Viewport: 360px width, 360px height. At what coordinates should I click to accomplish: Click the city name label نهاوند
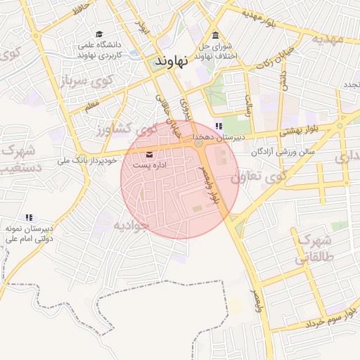172,63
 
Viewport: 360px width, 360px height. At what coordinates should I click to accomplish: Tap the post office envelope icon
149,154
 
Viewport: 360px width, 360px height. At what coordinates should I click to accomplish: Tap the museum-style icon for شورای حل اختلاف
215,36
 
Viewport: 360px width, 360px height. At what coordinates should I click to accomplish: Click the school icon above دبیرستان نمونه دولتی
29,218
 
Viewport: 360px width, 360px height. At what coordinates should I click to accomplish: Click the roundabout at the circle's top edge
199,143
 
